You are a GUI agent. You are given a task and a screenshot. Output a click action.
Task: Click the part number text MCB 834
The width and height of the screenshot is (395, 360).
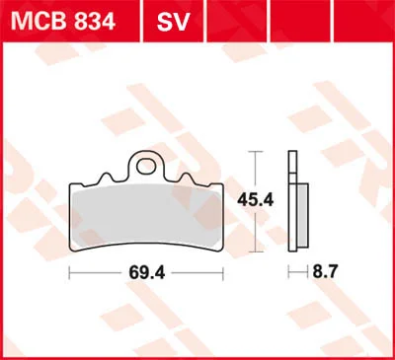pyautogui.click(x=63, y=22)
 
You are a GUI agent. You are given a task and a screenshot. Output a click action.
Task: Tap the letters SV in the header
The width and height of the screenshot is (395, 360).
pyautogui.click(x=173, y=22)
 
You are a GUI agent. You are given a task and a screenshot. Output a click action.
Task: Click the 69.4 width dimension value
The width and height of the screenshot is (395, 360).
pyautogui.click(x=147, y=272)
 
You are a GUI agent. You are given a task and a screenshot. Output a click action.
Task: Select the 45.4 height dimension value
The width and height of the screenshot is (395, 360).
pyautogui.click(x=256, y=199)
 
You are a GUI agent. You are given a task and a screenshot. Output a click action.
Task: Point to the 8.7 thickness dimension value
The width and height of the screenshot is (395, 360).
pyautogui.click(x=325, y=272)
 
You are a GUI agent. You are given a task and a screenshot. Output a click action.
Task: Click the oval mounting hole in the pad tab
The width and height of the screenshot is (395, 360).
pyautogui.click(x=146, y=167)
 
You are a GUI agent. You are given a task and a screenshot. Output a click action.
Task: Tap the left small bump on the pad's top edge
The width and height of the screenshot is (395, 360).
pyautogui.click(x=106, y=178)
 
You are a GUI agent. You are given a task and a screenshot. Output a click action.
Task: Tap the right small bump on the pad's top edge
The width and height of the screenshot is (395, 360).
pyautogui.click(x=186, y=178)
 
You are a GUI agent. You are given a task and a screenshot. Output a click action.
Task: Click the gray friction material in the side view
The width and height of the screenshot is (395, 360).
pyautogui.click(x=302, y=215)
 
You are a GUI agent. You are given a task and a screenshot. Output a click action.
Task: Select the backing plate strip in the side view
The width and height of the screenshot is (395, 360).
pyautogui.click(x=292, y=201)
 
